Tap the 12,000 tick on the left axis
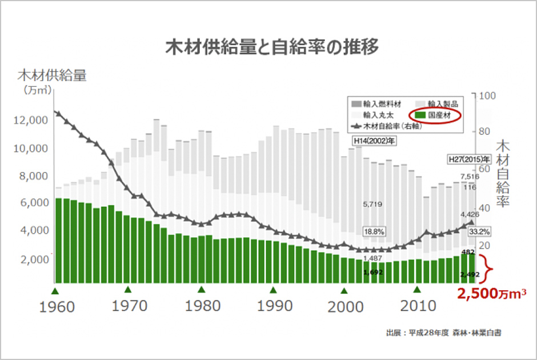pyautogui.click(x=30, y=121)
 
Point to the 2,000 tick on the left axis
pyautogui.click(x=31, y=259)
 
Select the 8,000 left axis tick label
pyautogui.click(x=31, y=176)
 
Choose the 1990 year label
pyautogui.click(x=276, y=306)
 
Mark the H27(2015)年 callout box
pyautogui.click(x=469, y=159)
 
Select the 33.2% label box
pyautogui.click(x=479, y=233)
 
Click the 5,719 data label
pyautogui.click(x=372, y=204)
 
